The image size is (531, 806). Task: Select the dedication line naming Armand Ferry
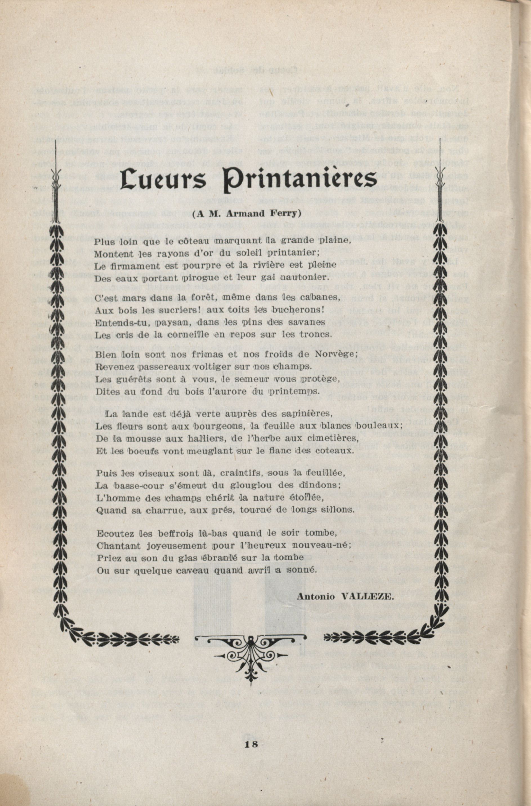pos(247,214)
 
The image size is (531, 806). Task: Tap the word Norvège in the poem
pos(336,354)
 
